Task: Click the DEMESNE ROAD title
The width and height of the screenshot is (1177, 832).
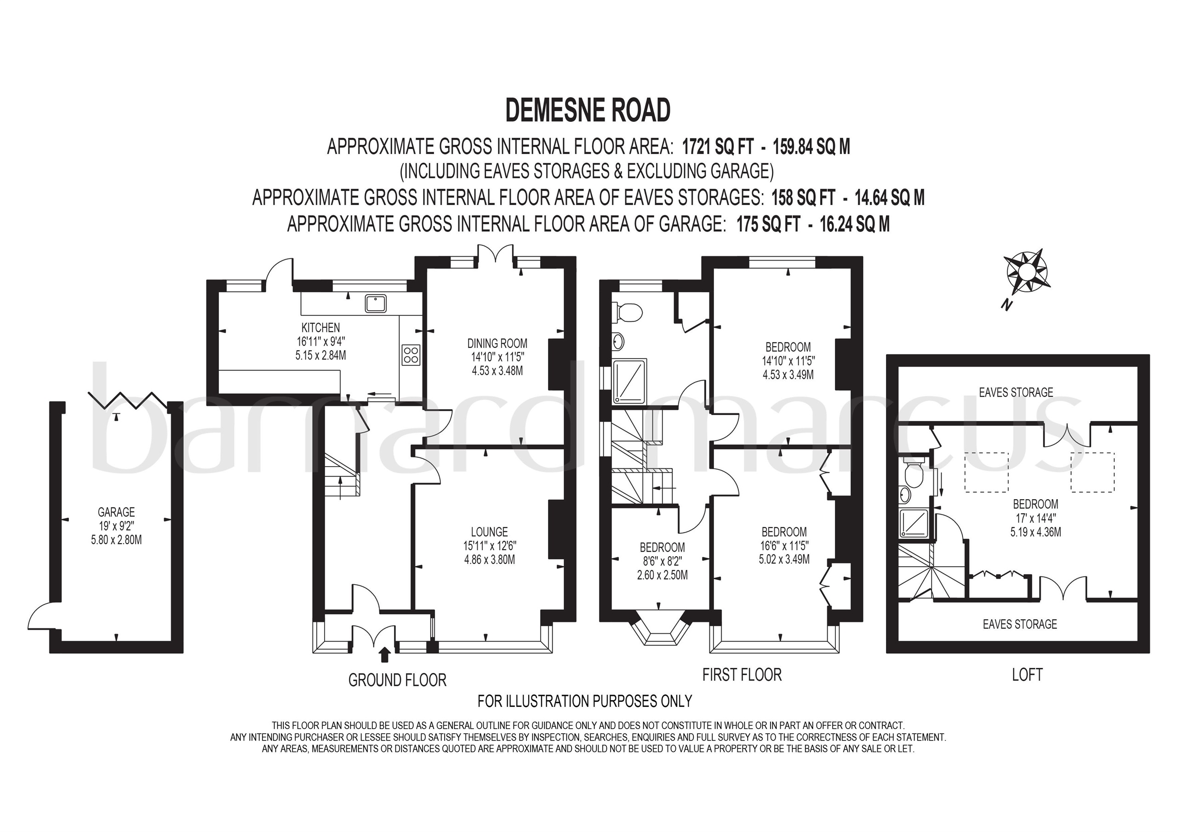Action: (588, 110)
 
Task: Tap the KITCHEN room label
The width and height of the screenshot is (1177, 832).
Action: (320, 328)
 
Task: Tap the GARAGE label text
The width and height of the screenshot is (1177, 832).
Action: (116, 512)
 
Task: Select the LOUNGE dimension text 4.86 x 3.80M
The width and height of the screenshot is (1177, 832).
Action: (490, 560)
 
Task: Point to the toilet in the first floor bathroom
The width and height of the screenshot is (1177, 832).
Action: (628, 312)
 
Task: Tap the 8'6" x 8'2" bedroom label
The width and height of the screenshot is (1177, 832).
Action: (662, 561)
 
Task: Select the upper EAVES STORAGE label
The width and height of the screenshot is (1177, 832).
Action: (1016, 393)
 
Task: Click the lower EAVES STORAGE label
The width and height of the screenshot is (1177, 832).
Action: (1020, 624)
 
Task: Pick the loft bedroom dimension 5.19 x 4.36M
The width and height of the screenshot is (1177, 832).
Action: (1035, 532)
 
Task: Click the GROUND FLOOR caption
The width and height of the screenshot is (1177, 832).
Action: (397, 680)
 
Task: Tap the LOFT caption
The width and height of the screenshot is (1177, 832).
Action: (1027, 675)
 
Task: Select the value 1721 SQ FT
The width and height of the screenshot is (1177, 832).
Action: (718, 148)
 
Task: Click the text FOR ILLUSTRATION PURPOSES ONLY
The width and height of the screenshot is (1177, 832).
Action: (584, 701)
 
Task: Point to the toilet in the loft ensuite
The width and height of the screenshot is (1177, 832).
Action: (914, 473)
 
